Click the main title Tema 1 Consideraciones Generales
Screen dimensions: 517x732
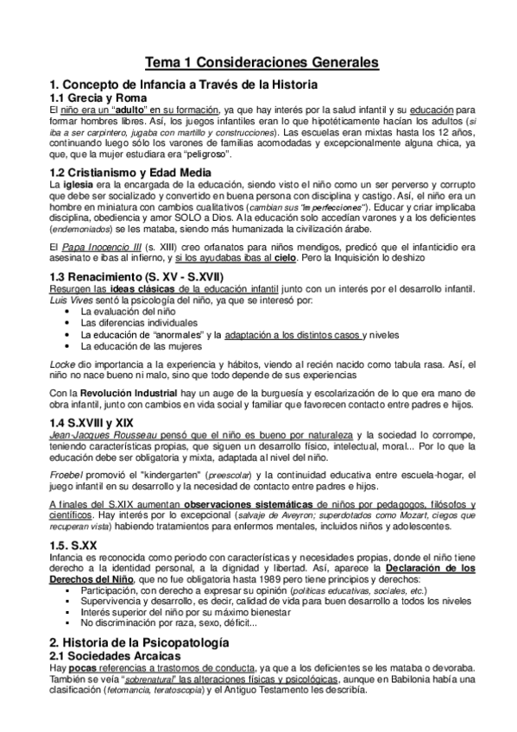tap(258, 63)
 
